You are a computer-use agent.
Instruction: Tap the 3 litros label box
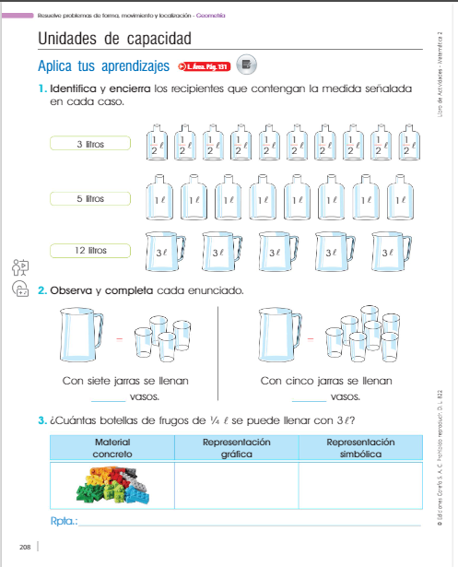click(91, 144)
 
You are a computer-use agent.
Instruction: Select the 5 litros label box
click(91, 198)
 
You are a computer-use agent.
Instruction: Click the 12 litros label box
click(91, 250)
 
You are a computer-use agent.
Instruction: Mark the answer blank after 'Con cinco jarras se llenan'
click(308, 398)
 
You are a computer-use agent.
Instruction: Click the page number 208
click(25, 548)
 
